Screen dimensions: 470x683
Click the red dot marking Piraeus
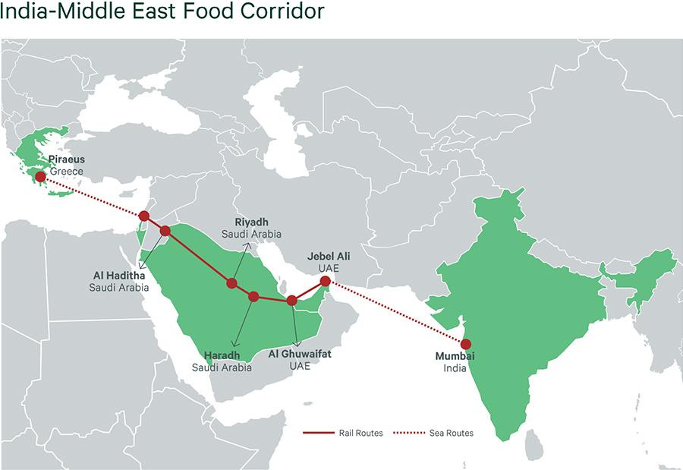[x=39, y=175]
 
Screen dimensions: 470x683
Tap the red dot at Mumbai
[x=466, y=343]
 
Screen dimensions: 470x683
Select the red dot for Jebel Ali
[x=325, y=281]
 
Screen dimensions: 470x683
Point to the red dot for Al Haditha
[x=165, y=230]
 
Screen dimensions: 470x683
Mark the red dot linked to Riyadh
[x=231, y=283]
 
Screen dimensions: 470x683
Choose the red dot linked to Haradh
[x=253, y=296]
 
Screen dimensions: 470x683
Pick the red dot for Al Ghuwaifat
[x=291, y=300]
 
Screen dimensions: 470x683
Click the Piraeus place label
[x=66, y=160]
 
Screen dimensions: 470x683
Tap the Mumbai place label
[x=455, y=356]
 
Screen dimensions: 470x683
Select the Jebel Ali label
[x=329, y=257]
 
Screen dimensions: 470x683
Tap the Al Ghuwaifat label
[x=300, y=354]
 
